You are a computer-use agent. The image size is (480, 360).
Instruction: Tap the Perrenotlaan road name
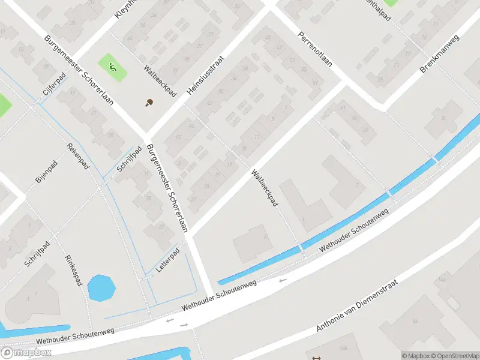315,58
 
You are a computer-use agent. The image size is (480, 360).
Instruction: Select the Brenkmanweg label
439,54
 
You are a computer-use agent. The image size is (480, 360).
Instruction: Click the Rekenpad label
78,157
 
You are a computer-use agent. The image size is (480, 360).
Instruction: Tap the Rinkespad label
73,270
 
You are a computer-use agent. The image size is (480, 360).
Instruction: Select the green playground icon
112,67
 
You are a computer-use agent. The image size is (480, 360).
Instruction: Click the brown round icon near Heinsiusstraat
149,103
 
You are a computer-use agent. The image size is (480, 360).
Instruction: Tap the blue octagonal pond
101,288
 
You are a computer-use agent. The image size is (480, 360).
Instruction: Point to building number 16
414,322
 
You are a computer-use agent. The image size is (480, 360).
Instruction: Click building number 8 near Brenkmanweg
444,118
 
